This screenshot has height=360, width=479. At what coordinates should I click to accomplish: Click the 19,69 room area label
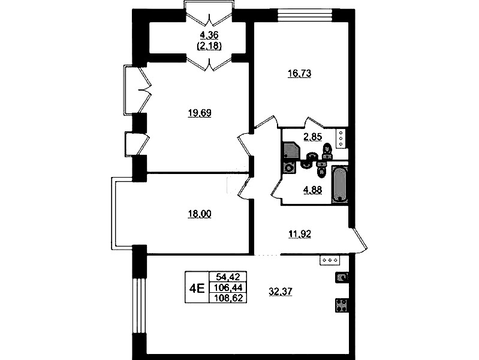(x=200, y=113)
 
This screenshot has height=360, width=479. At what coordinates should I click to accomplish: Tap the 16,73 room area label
(x=299, y=74)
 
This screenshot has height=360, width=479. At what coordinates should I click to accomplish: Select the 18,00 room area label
(x=200, y=214)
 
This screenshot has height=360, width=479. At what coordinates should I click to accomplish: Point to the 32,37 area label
(x=281, y=292)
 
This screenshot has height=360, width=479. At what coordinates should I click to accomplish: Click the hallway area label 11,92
(x=299, y=234)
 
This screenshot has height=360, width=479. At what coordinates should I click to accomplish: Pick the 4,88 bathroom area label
(x=312, y=190)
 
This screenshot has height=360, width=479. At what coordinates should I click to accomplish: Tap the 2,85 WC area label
(x=312, y=137)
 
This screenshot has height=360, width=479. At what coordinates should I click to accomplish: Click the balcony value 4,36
(x=209, y=35)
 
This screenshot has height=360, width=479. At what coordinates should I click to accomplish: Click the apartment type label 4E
(x=197, y=288)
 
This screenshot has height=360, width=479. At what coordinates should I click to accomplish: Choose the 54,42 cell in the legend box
(x=228, y=277)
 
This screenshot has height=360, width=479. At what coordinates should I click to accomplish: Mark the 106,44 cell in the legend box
(x=228, y=287)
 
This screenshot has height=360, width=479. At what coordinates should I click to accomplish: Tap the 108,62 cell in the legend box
(x=228, y=298)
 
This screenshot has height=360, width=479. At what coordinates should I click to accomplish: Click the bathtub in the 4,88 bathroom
(x=340, y=184)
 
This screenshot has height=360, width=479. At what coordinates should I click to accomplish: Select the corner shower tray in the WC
(x=291, y=151)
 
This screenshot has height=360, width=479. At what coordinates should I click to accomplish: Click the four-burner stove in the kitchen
(x=342, y=305)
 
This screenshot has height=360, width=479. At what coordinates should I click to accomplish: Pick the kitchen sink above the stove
(x=342, y=278)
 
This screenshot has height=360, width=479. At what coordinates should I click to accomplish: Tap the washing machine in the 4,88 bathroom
(x=289, y=167)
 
